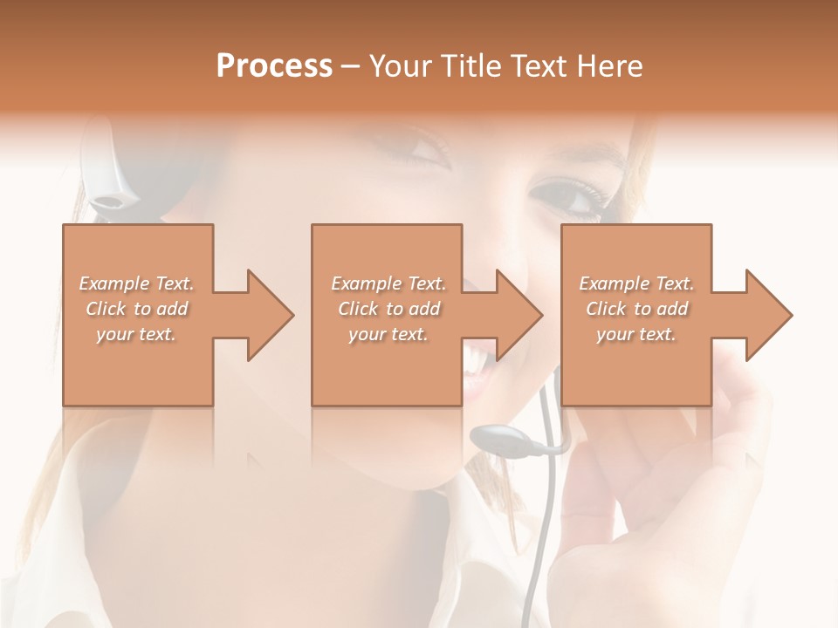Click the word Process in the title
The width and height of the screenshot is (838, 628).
[274, 66]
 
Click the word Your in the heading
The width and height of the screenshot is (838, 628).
[402, 66]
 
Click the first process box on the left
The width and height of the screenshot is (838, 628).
[138, 366]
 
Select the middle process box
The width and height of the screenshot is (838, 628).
[387, 366]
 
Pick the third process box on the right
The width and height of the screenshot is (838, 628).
[635, 366]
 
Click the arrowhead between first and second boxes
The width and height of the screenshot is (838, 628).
[265, 315]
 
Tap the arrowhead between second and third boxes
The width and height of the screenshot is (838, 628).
[515, 315]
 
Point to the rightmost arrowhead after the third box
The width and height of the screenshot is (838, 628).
[765, 315]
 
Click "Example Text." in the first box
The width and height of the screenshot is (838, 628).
[136, 283]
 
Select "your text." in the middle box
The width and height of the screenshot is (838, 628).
[388, 334]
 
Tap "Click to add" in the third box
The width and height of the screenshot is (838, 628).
[636, 309]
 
